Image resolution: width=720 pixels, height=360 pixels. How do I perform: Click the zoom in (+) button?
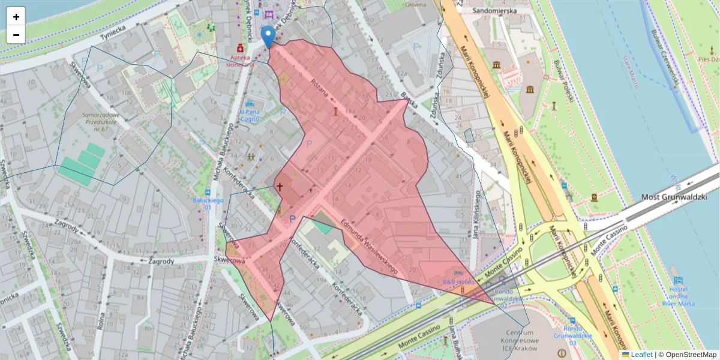[16, 17]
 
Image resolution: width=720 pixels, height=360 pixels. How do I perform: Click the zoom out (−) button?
[16, 35]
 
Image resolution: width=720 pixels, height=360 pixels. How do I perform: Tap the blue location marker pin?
[269, 37]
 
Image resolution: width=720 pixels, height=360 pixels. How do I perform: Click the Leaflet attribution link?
[641, 355]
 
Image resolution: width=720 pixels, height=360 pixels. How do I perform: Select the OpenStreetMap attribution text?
[687, 355]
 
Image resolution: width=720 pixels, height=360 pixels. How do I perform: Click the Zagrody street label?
[161, 261]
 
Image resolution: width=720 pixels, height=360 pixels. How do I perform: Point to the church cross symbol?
[280, 187]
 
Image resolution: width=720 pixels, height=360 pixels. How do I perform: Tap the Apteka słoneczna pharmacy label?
[240, 60]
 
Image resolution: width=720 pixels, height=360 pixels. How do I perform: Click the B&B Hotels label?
[458, 281]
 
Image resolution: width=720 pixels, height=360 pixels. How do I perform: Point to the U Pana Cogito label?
[249, 115]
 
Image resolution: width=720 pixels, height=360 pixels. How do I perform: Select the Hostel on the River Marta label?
[679, 296]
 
